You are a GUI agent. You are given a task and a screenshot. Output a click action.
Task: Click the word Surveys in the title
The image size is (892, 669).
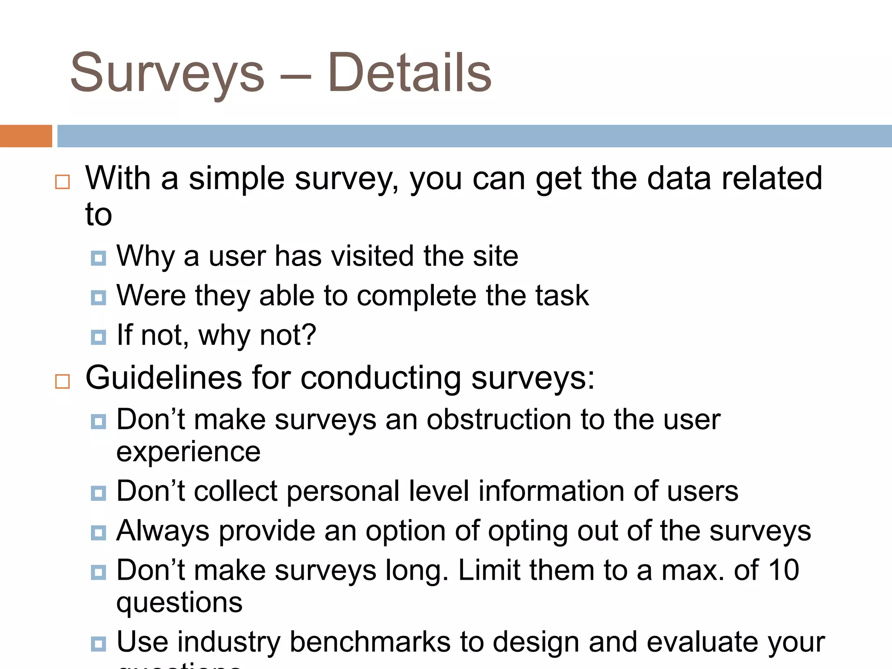pos(167,73)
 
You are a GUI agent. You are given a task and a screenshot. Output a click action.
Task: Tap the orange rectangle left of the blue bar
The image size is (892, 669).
pos(26,136)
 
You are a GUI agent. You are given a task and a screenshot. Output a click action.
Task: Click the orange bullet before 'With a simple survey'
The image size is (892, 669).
pos(63,182)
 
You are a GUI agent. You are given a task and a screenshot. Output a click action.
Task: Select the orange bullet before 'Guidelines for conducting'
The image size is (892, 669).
pos(63,381)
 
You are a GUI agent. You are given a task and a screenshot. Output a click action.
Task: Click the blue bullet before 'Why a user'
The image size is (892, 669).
pos(98,258)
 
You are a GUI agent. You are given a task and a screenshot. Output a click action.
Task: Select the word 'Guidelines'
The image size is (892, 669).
pos(164,378)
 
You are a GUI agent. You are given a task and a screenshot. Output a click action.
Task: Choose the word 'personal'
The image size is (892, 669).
pos(343,491)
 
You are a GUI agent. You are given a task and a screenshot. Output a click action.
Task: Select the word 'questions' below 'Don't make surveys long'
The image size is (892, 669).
pos(179,603)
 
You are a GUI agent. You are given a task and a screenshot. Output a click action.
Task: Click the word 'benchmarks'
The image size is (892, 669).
pos(370,642)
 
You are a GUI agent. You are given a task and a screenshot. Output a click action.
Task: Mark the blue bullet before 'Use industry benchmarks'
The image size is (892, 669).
pos(98,644)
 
